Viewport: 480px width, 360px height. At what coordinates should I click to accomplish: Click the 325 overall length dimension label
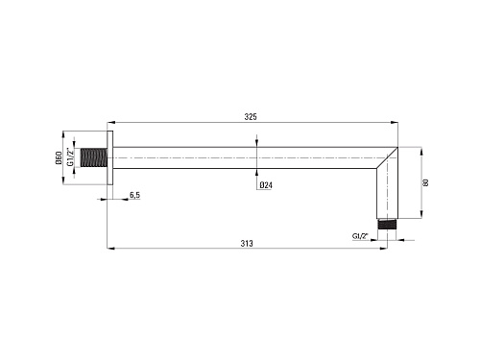tap(251, 117)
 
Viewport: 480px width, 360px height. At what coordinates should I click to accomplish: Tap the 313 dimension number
tap(247, 244)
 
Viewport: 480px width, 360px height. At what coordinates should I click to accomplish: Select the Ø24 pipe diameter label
tap(266, 185)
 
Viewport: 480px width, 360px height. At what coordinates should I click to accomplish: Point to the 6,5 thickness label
tap(134, 195)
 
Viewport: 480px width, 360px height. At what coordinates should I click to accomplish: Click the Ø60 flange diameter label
tap(59, 157)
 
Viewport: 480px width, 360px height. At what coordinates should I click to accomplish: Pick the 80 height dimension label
tap(425, 182)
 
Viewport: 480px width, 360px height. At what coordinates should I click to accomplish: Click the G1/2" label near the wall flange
tap(70, 156)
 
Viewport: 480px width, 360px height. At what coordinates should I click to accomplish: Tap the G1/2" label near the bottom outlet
tap(360, 236)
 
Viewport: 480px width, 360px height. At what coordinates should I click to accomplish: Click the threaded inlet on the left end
tap(93, 157)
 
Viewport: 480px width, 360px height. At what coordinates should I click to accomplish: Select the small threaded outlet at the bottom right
tap(387, 224)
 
